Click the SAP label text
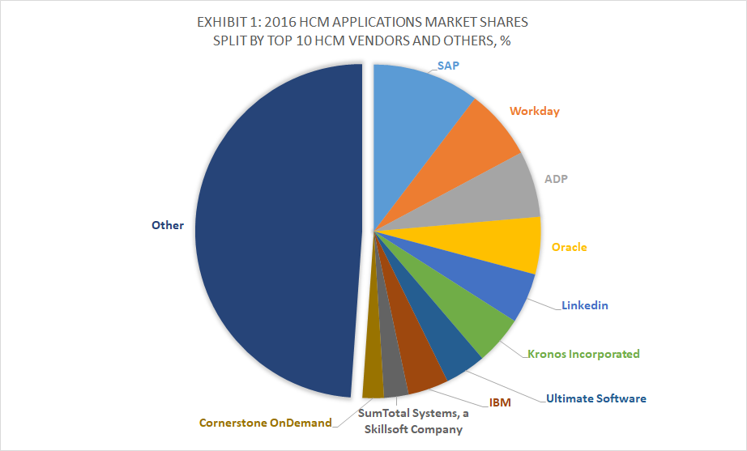click(x=448, y=66)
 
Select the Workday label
click(x=535, y=111)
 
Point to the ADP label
click(x=556, y=179)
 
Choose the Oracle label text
click(x=570, y=247)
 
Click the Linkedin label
click(x=584, y=305)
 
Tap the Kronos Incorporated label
click(x=583, y=354)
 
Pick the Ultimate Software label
click(x=596, y=398)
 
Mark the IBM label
click(x=500, y=402)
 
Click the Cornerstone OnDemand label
click(x=266, y=423)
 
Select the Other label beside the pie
click(x=168, y=225)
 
